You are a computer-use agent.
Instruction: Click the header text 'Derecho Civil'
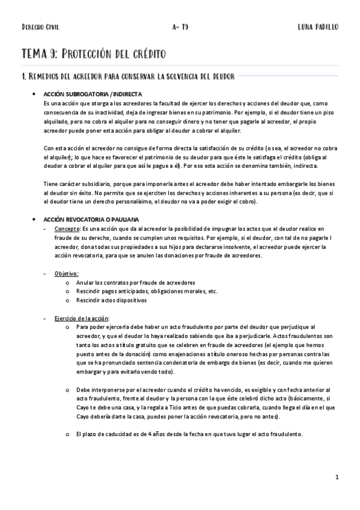click(40, 27)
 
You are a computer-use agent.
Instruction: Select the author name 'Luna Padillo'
click(318, 27)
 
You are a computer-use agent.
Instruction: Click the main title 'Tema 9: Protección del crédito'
click(94, 54)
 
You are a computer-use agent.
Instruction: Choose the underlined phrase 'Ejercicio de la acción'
click(82, 317)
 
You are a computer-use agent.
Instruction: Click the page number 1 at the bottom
click(338, 477)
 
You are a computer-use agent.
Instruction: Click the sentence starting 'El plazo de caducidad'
click(189, 435)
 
